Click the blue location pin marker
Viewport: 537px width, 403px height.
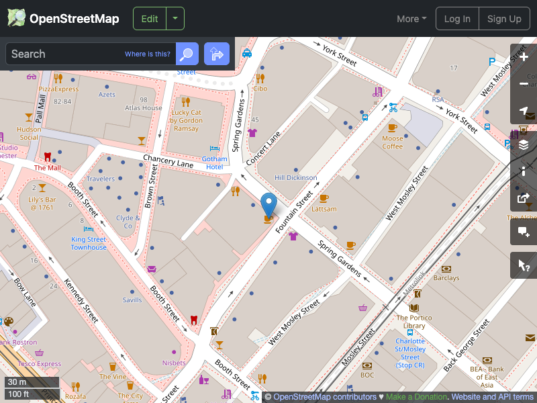tap(268, 204)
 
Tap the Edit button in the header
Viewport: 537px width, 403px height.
tap(150, 19)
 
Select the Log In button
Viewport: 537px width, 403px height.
tap(457, 19)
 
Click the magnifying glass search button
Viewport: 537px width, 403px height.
tap(187, 54)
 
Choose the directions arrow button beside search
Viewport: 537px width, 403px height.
tap(217, 54)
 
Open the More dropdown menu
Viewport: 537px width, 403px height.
tap(411, 19)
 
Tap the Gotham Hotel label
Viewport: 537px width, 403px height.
tap(215, 163)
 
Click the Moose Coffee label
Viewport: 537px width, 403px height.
tap(393, 142)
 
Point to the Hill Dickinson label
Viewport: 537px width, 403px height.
tap(296, 178)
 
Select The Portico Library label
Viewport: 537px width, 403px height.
tap(414, 322)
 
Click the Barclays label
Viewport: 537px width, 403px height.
tap(446, 277)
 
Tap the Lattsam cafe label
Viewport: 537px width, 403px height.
tap(324, 209)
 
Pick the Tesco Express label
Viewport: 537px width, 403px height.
tap(40, 364)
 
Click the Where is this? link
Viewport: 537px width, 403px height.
tap(148, 54)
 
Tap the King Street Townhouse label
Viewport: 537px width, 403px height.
tap(89, 243)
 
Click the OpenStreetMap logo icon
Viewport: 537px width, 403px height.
tap(17, 18)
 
